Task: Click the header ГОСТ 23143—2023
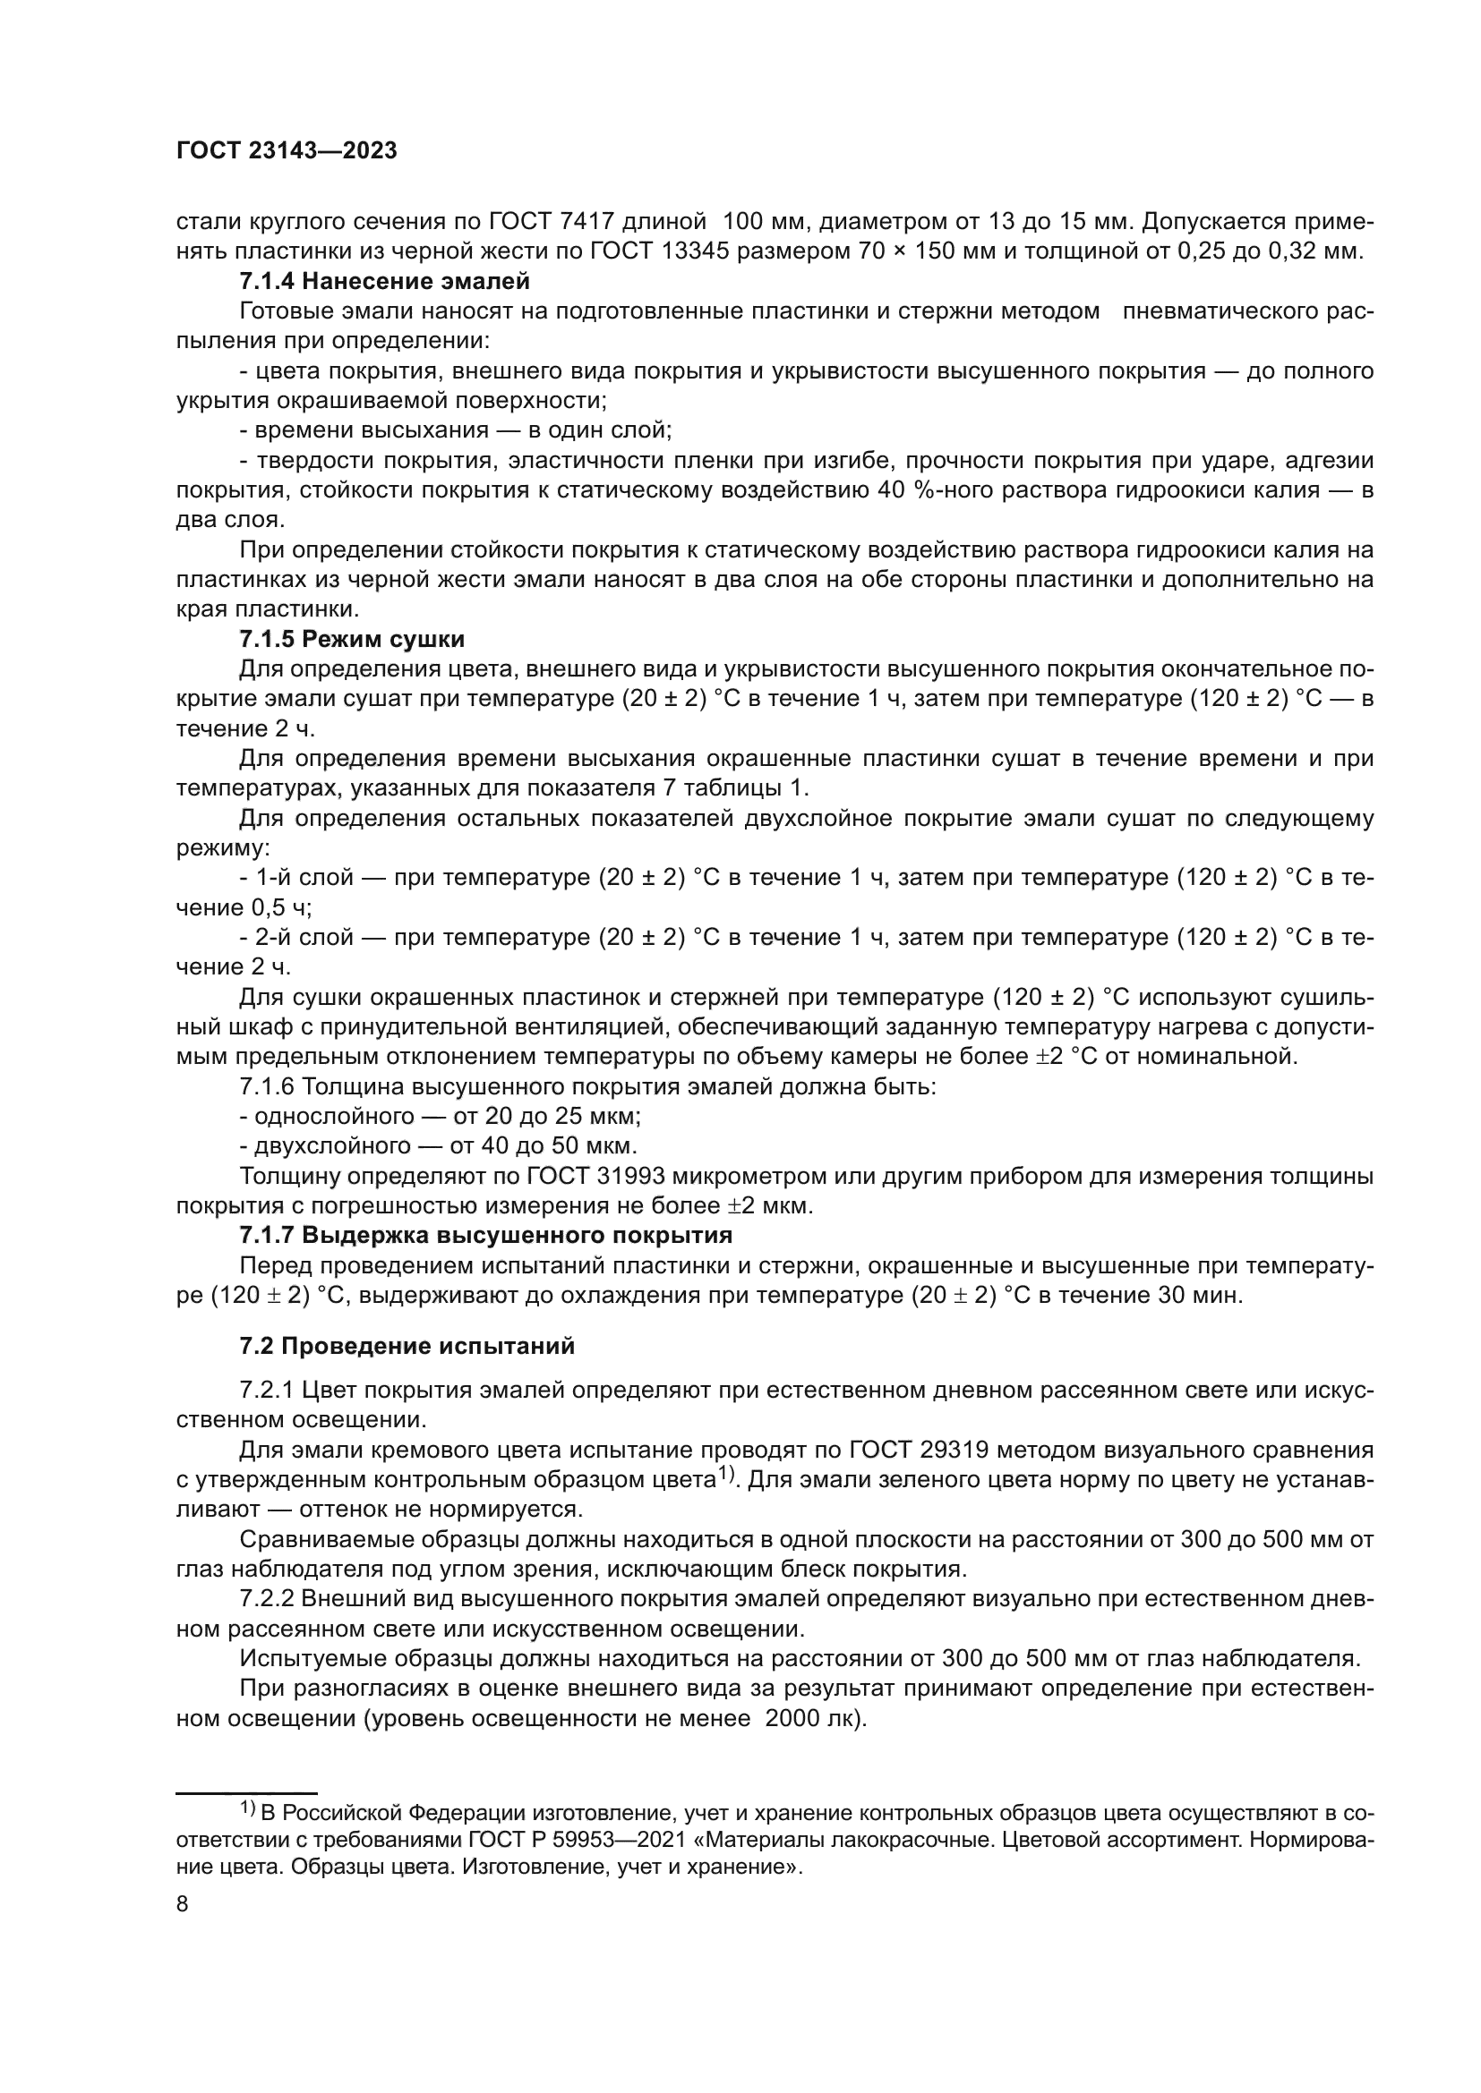(287, 151)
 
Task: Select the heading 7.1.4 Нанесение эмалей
(384, 282)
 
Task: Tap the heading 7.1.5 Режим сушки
(352, 639)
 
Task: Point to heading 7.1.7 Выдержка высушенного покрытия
(486, 1235)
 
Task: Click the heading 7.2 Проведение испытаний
(407, 1347)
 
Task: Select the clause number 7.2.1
(267, 1391)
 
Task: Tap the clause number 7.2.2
(267, 1600)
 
